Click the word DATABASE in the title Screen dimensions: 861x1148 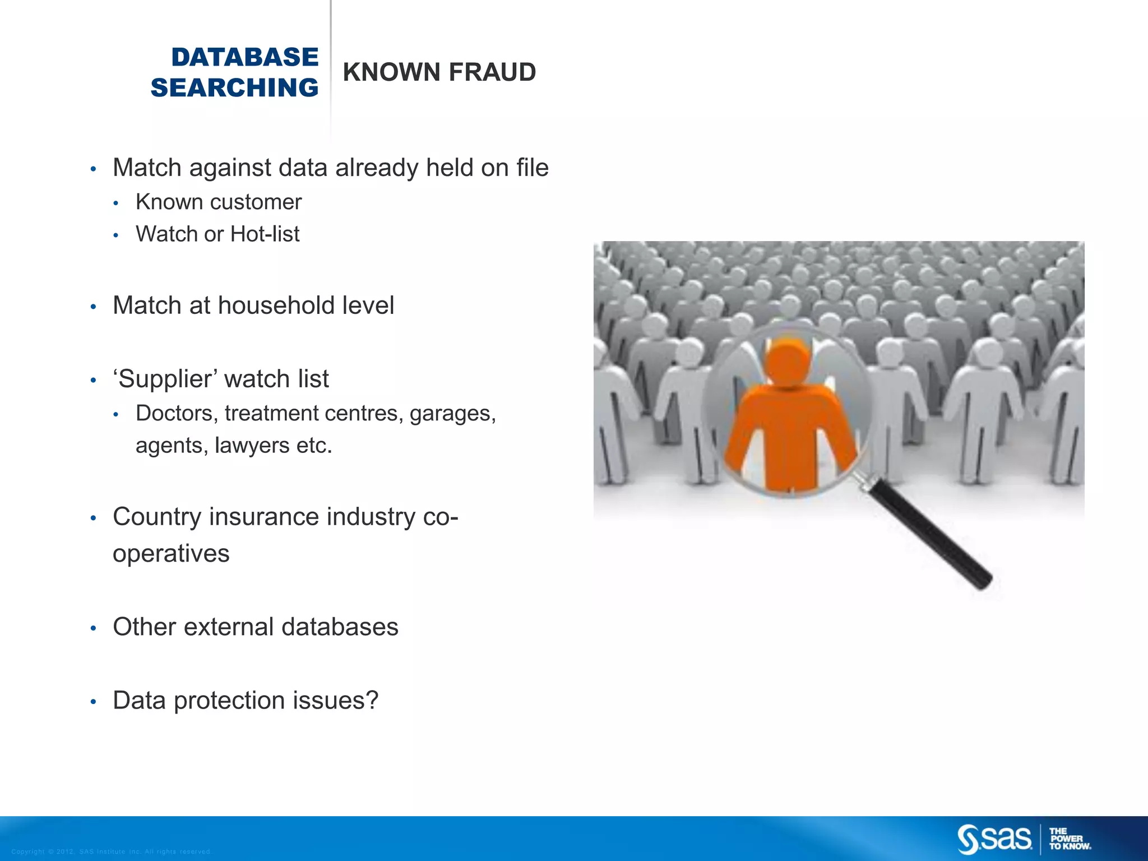[x=244, y=57]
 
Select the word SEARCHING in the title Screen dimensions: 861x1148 [x=234, y=88]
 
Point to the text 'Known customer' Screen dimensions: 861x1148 [x=218, y=202]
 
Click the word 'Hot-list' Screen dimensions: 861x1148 [x=265, y=234]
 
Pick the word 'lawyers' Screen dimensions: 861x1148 [x=252, y=446]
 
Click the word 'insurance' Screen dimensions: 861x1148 [x=263, y=517]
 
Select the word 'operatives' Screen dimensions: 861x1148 [x=171, y=554]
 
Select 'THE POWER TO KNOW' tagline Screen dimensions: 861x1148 [x=1070, y=839]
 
